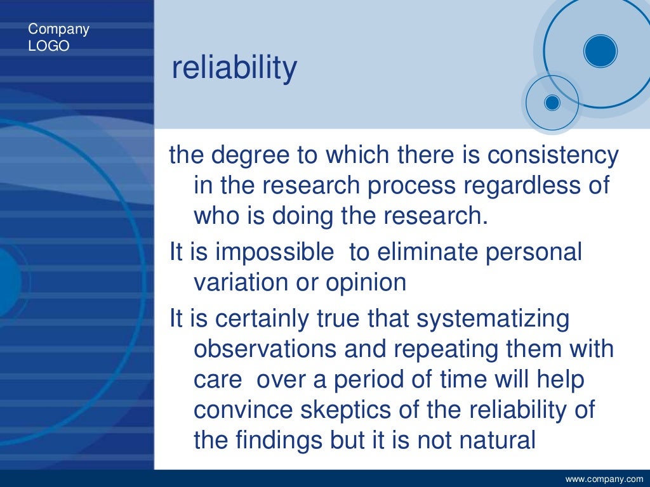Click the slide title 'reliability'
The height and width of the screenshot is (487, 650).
pos(234,68)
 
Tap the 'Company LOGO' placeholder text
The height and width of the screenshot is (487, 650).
pos(58,37)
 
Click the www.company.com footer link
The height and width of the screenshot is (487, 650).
pos(604,478)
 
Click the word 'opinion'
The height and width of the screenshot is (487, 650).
pos(366,282)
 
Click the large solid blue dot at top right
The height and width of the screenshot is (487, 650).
pos(600,51)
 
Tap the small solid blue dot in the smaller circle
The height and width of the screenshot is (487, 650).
pos(552,102)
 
